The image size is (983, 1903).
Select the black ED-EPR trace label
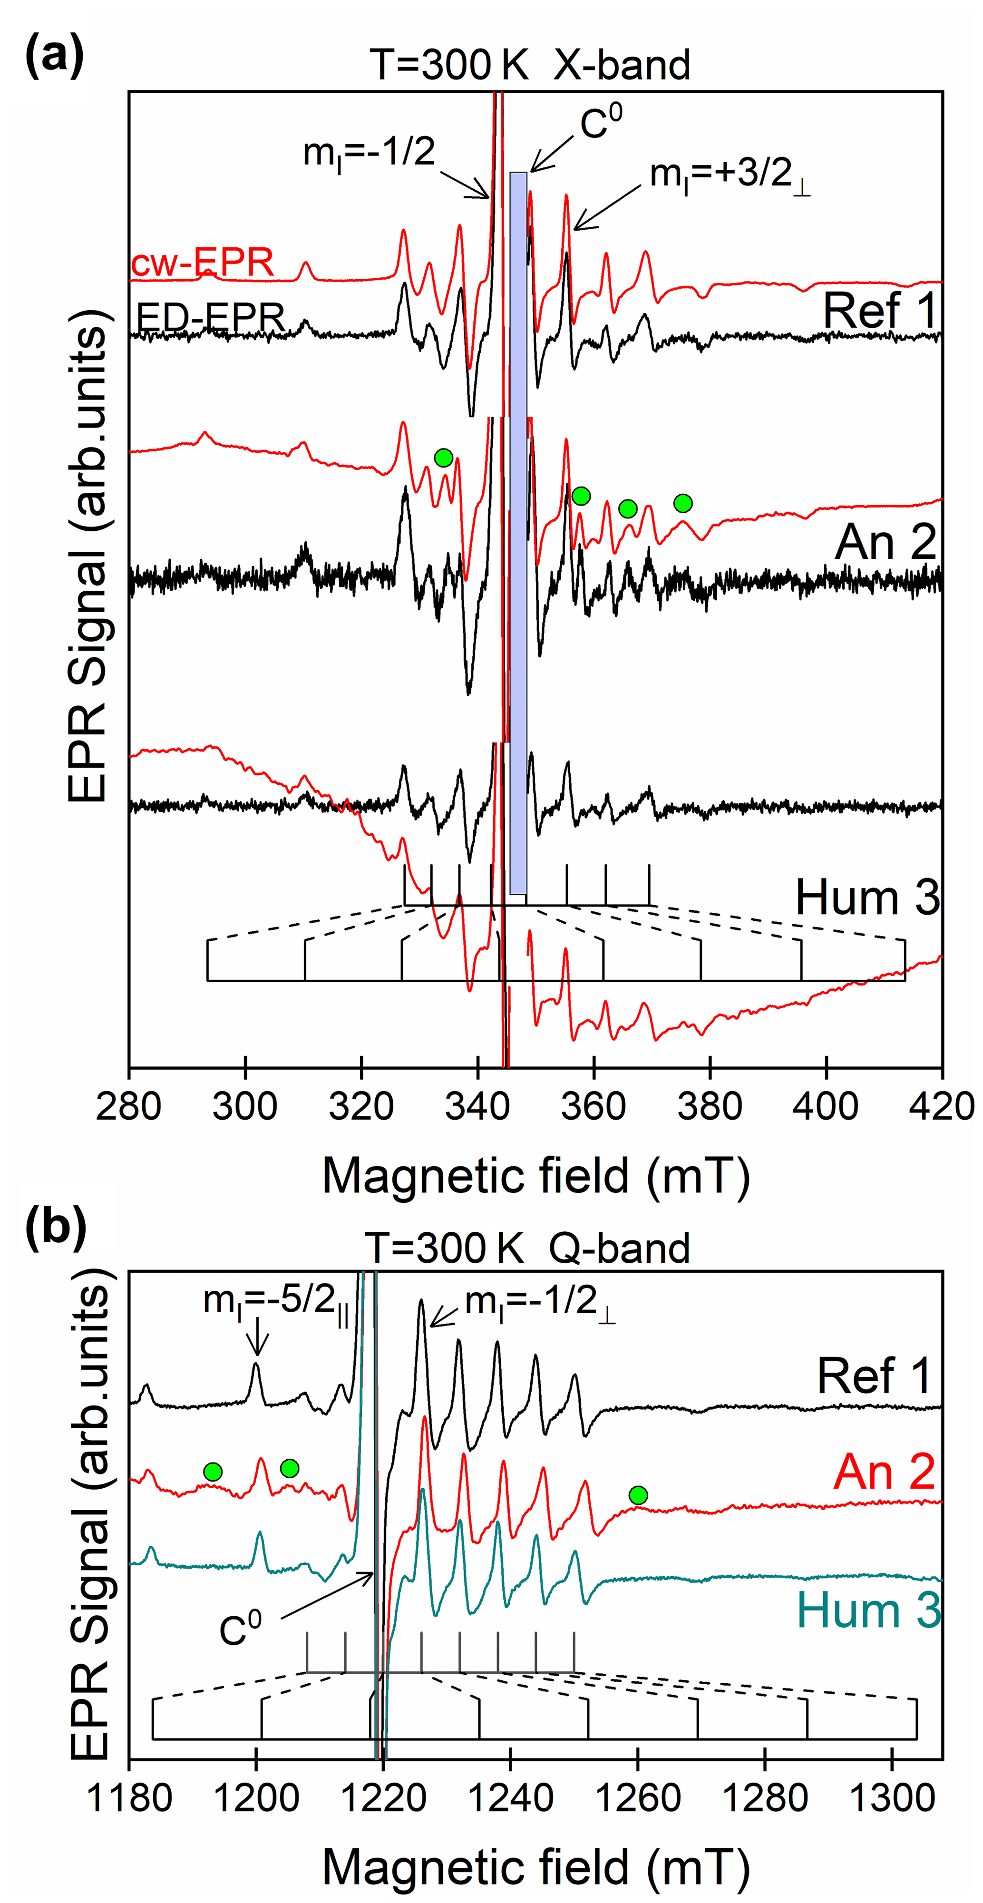211,318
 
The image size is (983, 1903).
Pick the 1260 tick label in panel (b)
637,1798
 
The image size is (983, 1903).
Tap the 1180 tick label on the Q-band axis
130,1798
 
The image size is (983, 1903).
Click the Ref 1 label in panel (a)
880,310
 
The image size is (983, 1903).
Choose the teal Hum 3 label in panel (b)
868,1610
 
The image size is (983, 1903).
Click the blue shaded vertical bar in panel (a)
518,532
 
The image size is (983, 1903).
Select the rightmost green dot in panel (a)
683,504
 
